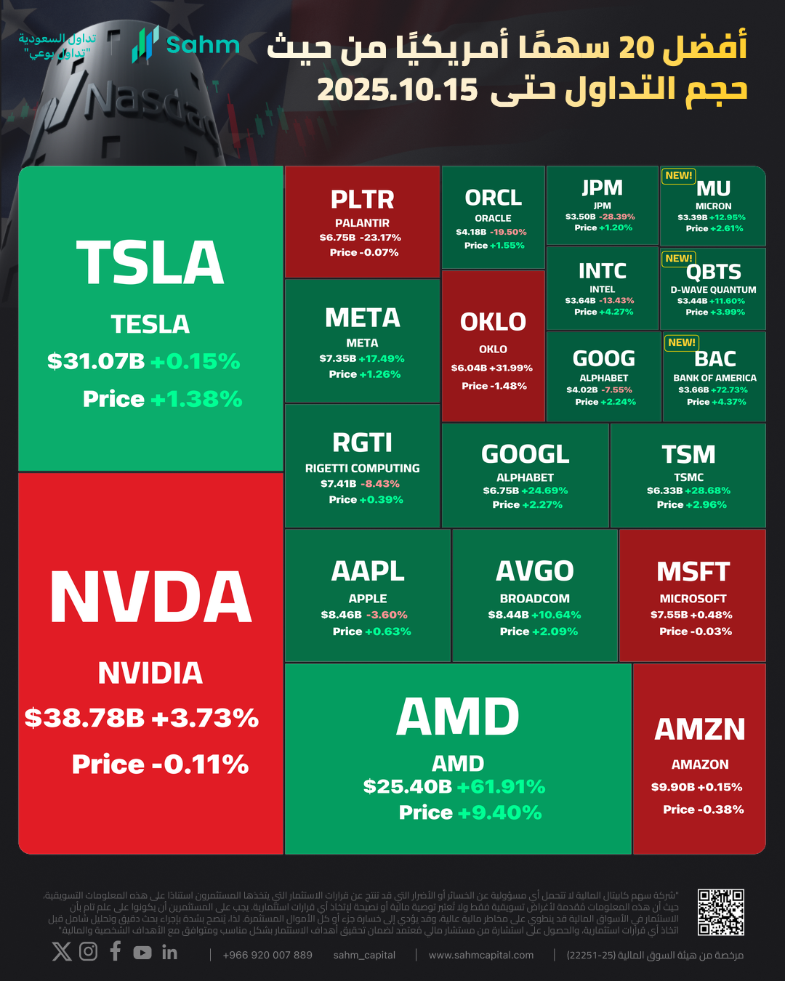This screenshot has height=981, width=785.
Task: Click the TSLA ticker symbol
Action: pyautogui.click(x=150, y=263)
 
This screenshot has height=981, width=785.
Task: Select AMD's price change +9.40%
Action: pyautogui.click(x=500, y=812)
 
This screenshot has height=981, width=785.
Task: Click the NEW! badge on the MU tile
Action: pyautogui.click(x=679, y=176)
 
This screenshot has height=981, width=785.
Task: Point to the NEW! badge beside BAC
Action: pyautogui.click(x=682, y=342)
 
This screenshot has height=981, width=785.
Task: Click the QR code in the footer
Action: pyautogui.click(x=720, y=912)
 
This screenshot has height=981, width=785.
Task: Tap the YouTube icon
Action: pyautogui.click(x=142, y=952)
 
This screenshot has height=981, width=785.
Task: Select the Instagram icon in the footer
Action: pyautogui.click(x=88, y=951)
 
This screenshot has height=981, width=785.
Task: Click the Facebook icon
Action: pyautogui.click(x=116, y=951)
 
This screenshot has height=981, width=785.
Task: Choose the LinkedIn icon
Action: pyautogui.click(x=169, y=952)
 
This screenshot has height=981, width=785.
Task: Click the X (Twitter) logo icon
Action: pyautogui.click(x=62, y=951)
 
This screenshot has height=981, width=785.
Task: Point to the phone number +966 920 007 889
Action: pyautogui.click(x=267, y=955)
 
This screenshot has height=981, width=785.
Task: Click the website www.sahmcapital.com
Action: pyautogui.click(x=481, y=955)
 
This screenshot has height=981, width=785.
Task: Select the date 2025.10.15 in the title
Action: pyautogui.click(x=398, y=90)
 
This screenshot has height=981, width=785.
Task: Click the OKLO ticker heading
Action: pyautogui.click(x=493, y=322)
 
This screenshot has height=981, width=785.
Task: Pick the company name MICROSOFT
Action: pyautogui.click(x=693, y=599)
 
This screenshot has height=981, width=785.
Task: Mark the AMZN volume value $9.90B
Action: pyautogui.click(x=672, y=787)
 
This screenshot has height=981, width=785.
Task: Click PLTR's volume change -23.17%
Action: pyautogui.click(x=381, y=238)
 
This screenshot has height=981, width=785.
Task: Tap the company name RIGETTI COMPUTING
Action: pyautogui.click(x=362, y=469)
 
